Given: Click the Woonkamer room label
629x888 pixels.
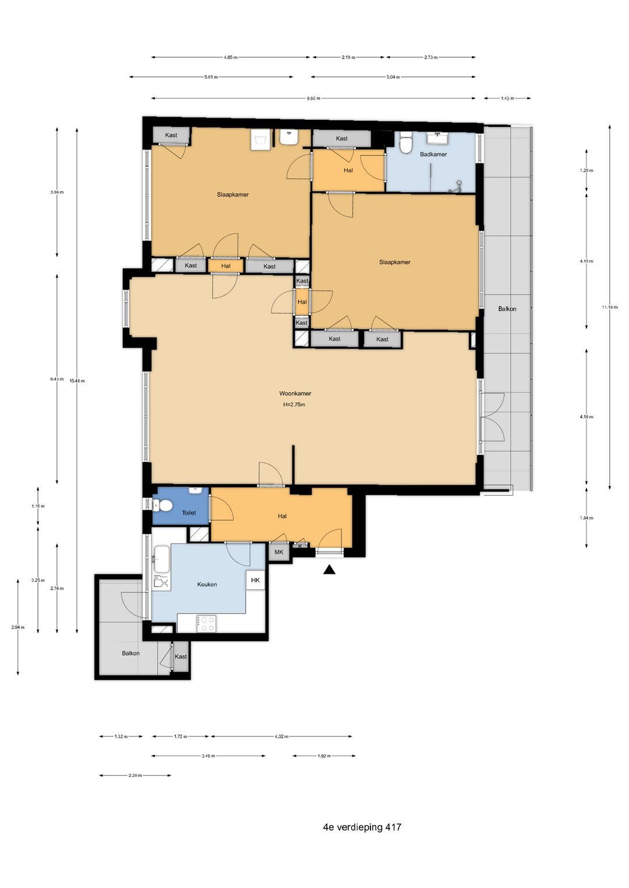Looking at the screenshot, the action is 295,393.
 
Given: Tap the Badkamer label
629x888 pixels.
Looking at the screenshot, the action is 433,154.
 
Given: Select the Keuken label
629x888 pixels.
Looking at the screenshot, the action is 207,584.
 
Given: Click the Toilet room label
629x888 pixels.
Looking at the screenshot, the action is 189,513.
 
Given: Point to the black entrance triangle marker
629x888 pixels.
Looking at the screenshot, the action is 330,570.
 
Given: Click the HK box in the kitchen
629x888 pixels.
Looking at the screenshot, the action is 255,580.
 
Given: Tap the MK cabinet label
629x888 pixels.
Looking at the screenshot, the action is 279,552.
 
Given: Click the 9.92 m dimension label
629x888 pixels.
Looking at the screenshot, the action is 313,98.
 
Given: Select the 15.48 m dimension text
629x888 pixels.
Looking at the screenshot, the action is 77,381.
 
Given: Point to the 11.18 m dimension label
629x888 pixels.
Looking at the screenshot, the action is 610,307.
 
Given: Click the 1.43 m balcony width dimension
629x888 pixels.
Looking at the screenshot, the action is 507,98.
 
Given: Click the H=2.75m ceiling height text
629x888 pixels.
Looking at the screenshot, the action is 294,405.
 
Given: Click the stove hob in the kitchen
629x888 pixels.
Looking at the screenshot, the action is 206,624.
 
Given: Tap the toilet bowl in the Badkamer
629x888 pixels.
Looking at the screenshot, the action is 405,144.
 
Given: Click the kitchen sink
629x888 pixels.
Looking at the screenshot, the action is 161,559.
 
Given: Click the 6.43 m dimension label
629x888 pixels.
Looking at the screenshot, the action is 56,379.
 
